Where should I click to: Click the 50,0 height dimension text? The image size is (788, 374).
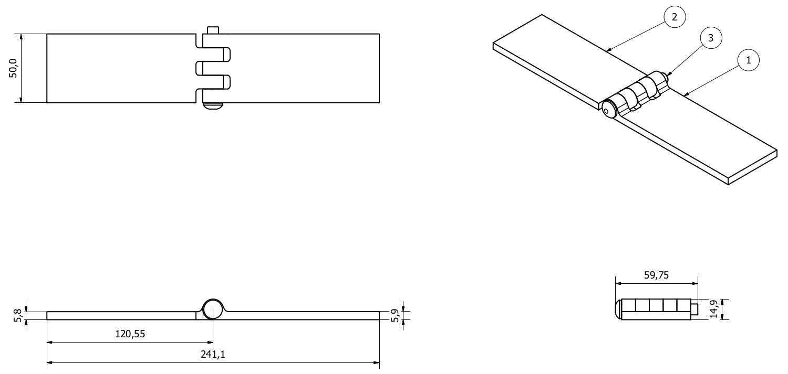click(x=14, y=68)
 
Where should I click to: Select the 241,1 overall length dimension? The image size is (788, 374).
click(x=213, y=355)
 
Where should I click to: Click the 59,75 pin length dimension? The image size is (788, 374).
click(x=656, y=275)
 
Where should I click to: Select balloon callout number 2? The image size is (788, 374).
click(x=675, y=17)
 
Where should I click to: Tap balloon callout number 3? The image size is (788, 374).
click(x=711, y=38)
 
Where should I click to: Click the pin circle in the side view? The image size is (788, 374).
click(x=213, y=309)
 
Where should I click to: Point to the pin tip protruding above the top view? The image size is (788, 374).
click(x=212, y=30)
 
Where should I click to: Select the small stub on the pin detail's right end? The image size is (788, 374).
click(x=694, y=309)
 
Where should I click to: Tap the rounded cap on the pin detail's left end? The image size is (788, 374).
click(x=618, y=309)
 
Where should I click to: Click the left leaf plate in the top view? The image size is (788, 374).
click(x=121, y=68)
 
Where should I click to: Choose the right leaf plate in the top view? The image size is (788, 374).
click(x=305, y=68)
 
